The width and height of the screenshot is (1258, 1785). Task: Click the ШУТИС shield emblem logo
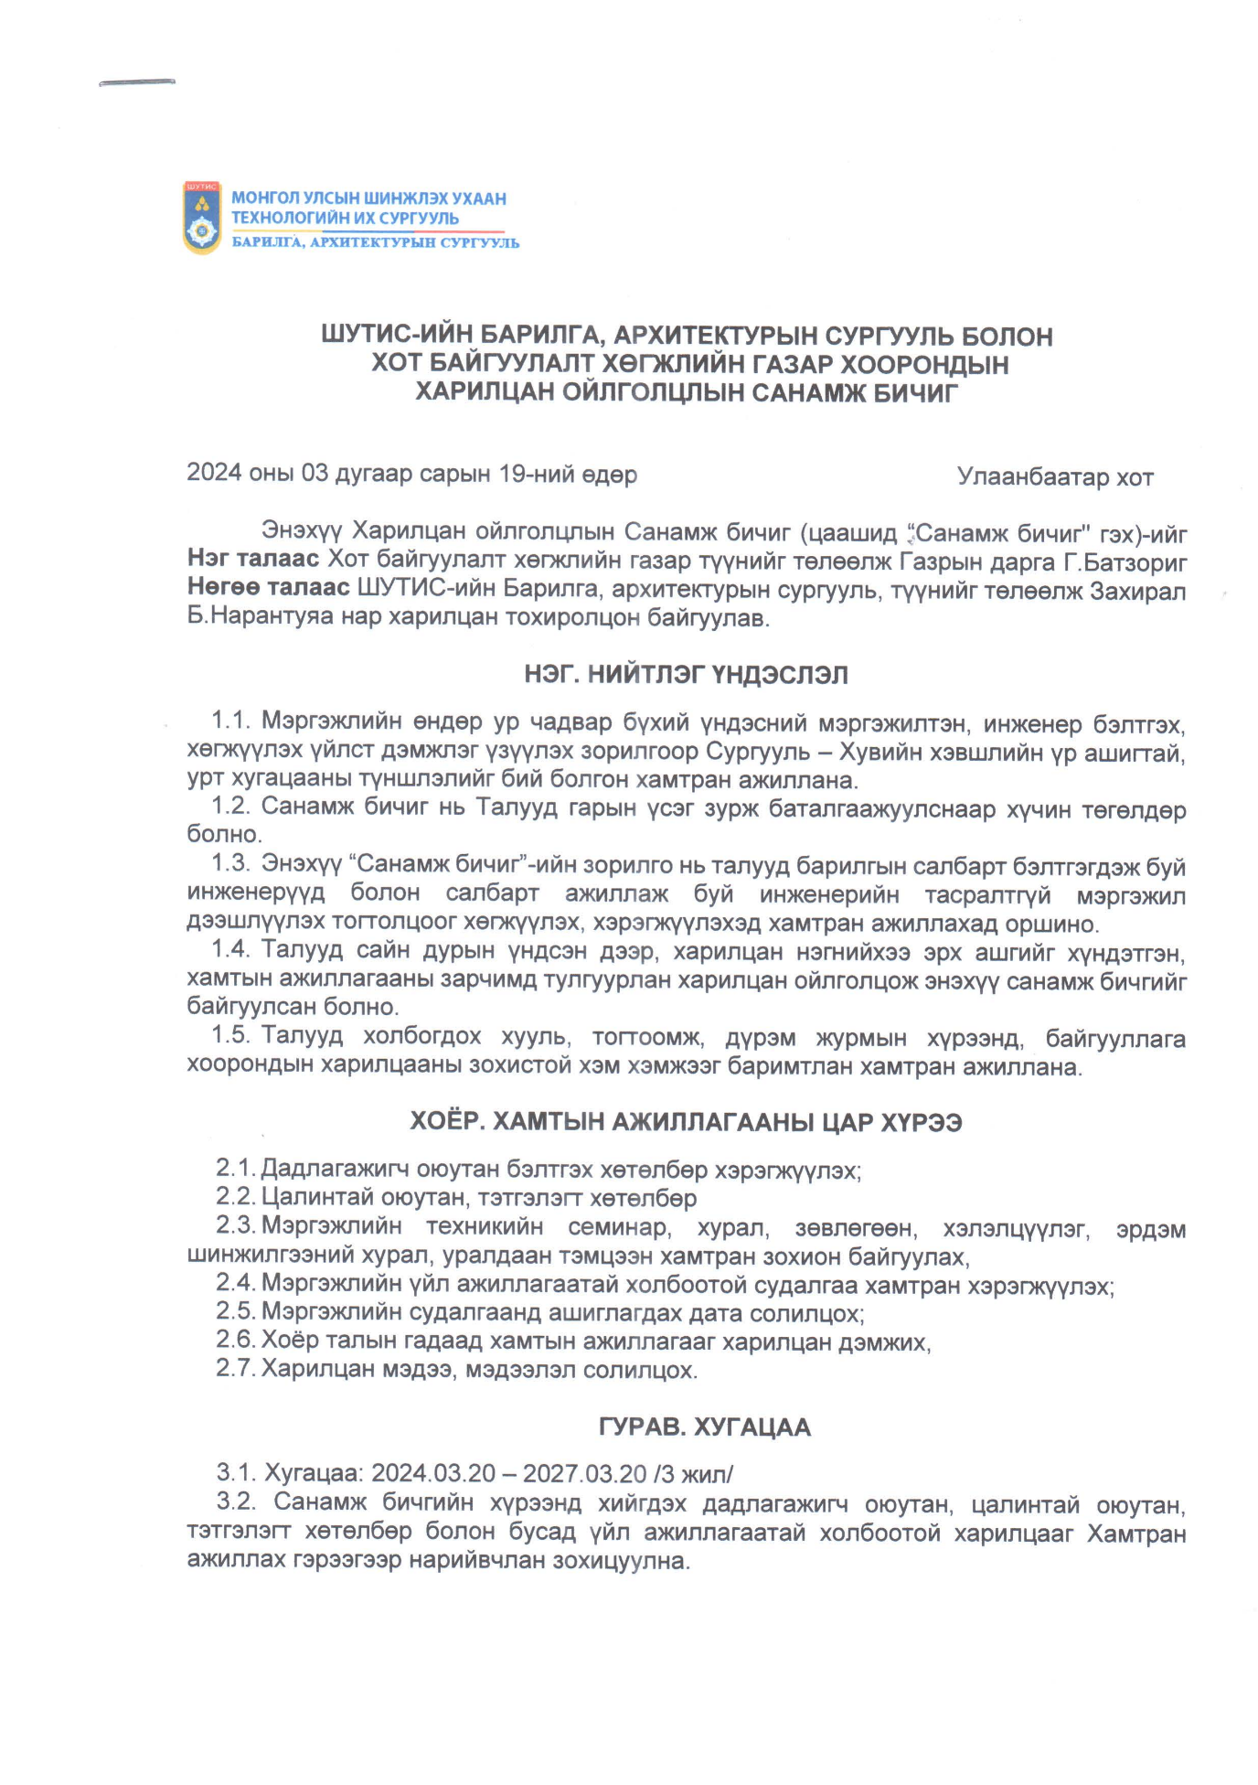(x=202, y=218)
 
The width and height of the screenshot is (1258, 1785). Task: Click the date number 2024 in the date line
(x=214, y=473)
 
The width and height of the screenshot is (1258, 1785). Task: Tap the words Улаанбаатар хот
(x=1054, y=476)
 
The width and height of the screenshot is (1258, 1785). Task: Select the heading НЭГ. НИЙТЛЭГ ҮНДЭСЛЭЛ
(x=686, y=675)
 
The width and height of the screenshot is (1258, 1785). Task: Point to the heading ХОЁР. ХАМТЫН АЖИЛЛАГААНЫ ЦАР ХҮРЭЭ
(x=685, y=1122)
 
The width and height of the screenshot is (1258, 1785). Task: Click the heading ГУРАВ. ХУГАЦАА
(x=704, y=1427)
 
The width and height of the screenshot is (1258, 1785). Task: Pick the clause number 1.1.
(x=230, y=721)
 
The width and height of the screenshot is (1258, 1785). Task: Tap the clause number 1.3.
(x=230, y=862)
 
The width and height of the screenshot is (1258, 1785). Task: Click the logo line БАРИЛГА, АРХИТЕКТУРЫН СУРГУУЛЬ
(x=375, y=243)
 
